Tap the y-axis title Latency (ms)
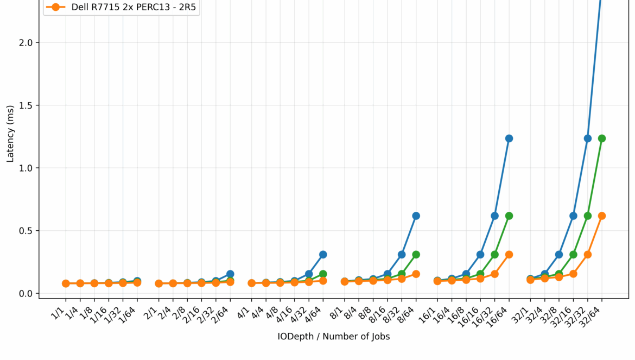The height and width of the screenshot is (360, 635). [x=10, y=141]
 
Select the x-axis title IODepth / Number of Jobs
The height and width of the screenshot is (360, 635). [x=333, y=337]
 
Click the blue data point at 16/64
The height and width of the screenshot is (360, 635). [x=509, y=138]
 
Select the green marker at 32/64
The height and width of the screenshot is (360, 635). [x=602, y=138]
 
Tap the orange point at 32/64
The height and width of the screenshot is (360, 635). [x=602, y=216]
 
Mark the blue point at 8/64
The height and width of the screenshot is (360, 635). [x=416, y=216]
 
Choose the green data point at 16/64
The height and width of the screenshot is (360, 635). [x=509, y=216]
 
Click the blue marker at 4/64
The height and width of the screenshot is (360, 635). [x=323, y=254]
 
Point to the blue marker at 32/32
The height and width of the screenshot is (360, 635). [x=588, y=138]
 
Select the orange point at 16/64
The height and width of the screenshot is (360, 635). [x=509, y=254]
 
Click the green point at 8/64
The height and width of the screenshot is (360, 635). [x=416, y=254]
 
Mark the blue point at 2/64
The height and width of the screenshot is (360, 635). [x=230, y=274]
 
